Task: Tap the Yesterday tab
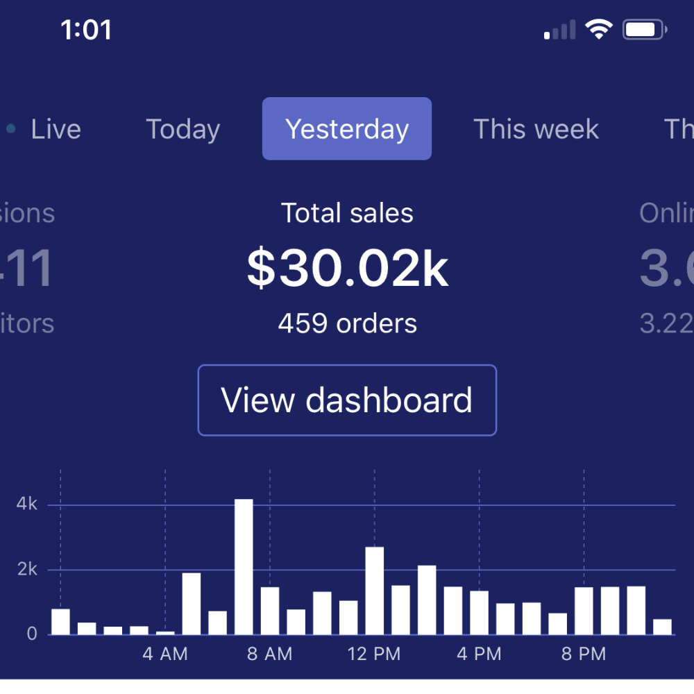tap(347, 129)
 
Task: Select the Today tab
tap(183, 129)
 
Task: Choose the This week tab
tap(536, 129)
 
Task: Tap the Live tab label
tap(56, 129)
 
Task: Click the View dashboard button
tap(347, 400)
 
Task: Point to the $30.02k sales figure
tap(347, 269)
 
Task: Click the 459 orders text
tap(347, 323)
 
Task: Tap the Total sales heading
tap(347, 213)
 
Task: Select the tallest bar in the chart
tap(244, 566)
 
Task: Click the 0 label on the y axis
tap(32, 634)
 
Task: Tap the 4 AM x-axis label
tap(165, 654)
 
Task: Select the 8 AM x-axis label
tap(269, 654)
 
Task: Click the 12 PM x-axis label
tap(374, 654)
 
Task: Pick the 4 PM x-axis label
tap(479, 654)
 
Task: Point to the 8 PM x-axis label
tap(584, 654)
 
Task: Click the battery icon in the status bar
tap(645, 30)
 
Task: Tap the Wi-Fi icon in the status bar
tap(598, 29)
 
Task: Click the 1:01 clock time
tap(86, 31)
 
